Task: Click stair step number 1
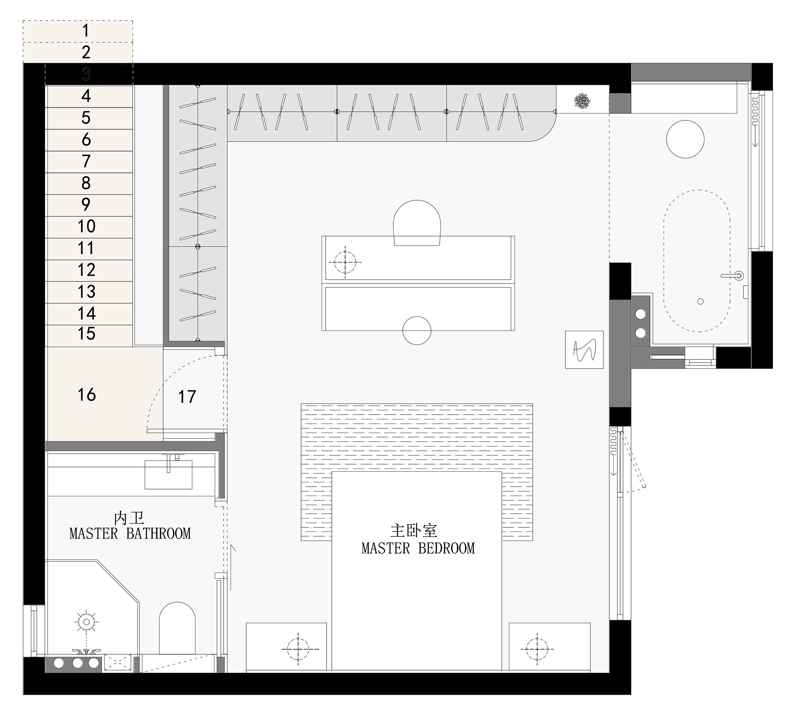pyautogui.click(x=85, y=31)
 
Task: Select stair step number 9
pyautogui.click(x=86, y=205)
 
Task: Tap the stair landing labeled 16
pyautogui.click(x=87, y=394)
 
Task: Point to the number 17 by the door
pyautogui.click(x=187, y=397)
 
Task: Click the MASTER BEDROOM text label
pyautogui.click(x=418, y=548)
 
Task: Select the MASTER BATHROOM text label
pyautogui.click(x=130, y=534)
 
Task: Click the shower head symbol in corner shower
pyautogui.click(x=86, y=622)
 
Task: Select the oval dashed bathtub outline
pyautogui.click(x=696, y=261)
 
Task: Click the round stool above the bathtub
pyautogui.click(x=685, y=139)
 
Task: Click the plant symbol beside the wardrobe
pyautogui.click(x=582, y=101)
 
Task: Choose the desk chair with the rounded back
pyautogui.click(x=417, y=222)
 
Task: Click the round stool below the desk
pyautogui.click(x=417, y=330)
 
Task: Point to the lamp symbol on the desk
pyautogui.click(x=345, y=262)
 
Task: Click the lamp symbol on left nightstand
pyautogui.click(x=298, y=649)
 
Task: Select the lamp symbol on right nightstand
pyautogui.click(x=537, y=649)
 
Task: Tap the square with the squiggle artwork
pyautogui.click(x=584, y=350)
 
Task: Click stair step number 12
pyautogui.click(x=86, y=270)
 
